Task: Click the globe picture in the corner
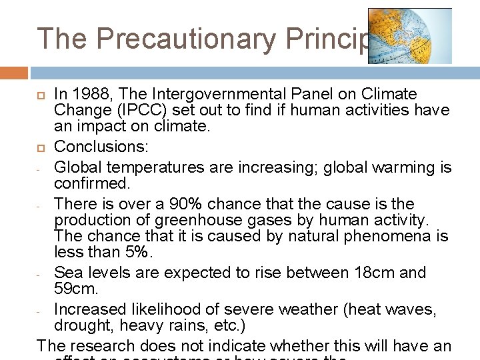click(409, 36)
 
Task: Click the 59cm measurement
click(76, 288)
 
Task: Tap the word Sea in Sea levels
click(67, 273)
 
